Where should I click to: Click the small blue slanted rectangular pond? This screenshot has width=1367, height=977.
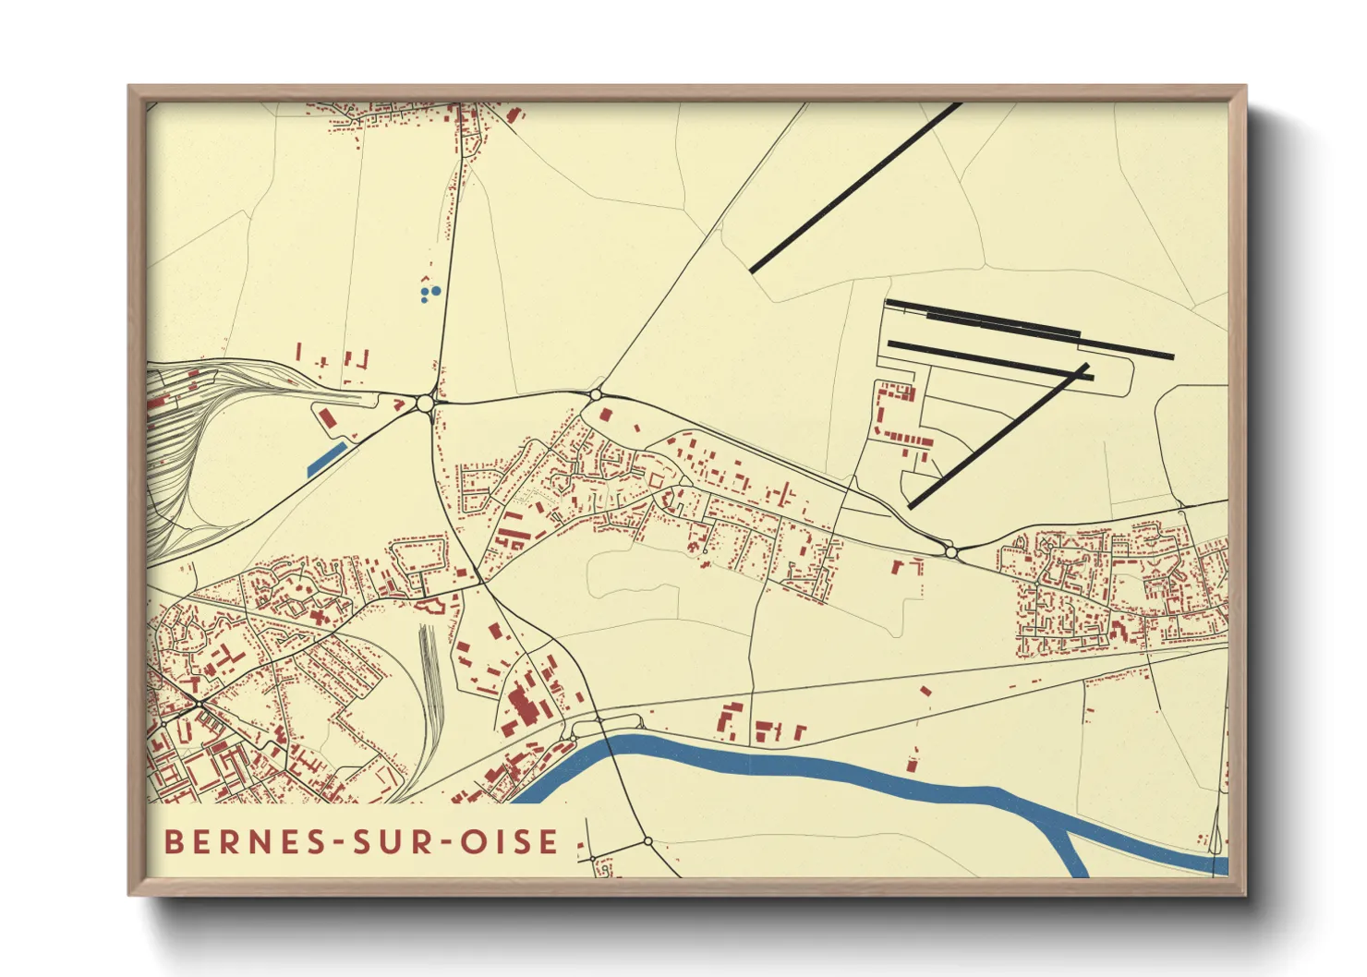[x=326, y=459]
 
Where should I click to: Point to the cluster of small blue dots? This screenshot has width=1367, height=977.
[x=429, y=294]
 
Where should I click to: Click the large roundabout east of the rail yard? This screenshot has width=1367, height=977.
[x=425, y=403]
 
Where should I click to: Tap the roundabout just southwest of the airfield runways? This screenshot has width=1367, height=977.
[x=950, y=552]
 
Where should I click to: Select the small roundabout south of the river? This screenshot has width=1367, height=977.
[x=647, y=841]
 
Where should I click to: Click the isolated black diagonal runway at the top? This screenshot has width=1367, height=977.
[x=855, y=187]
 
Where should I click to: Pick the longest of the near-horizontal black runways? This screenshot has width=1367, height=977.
[x=1030, y=329]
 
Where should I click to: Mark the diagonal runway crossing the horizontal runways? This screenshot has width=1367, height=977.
[x=998, y=436]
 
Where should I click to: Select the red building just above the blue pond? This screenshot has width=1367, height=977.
[x=327, y=418]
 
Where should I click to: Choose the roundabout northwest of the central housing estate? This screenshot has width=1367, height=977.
[x=596, y=394]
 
